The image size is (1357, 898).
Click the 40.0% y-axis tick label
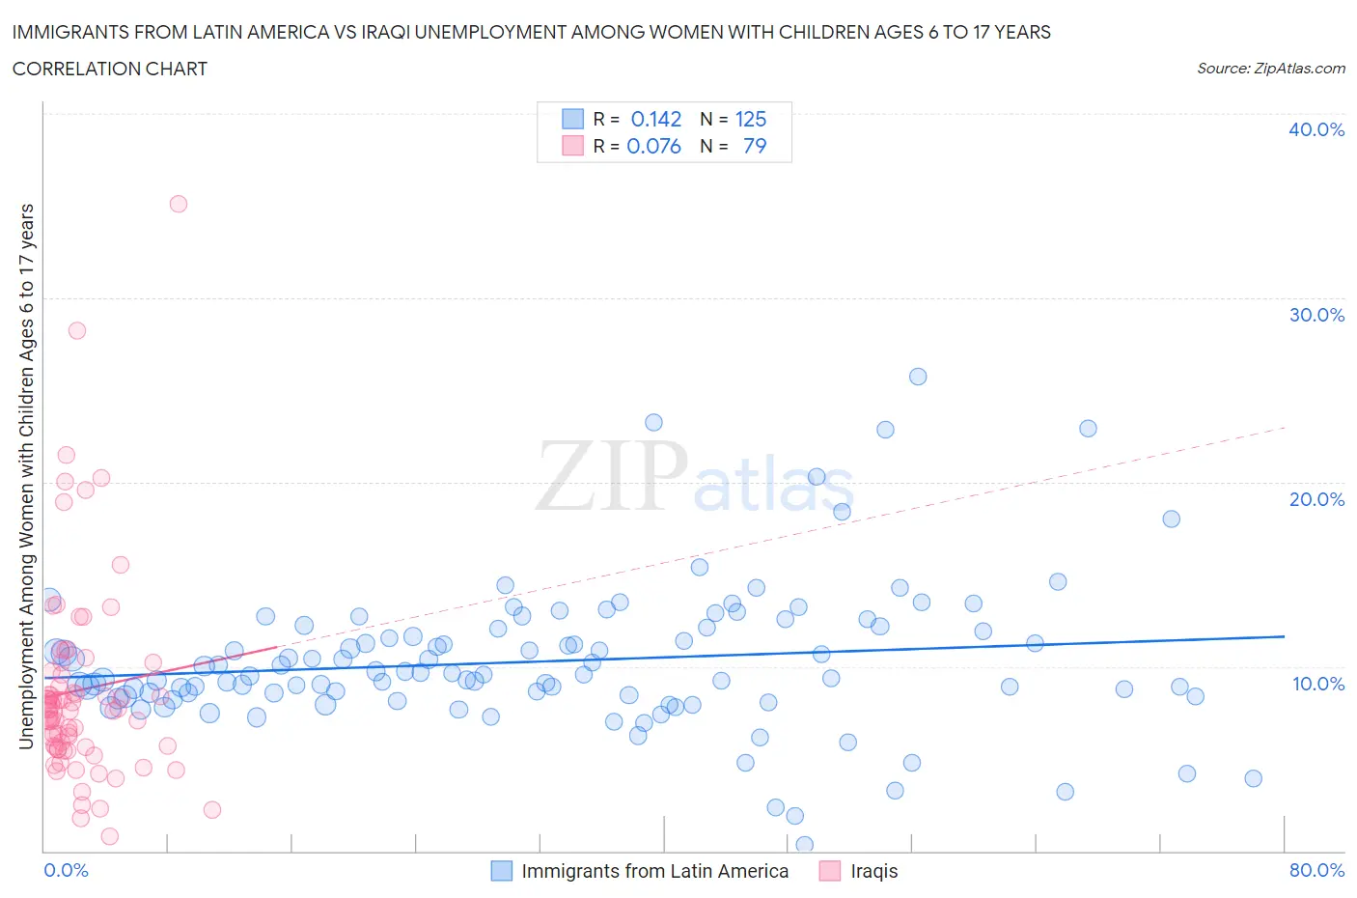(1316, 129)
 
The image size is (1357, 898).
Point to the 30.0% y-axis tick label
(1316, 315)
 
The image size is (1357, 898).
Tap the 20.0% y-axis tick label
(1316, 499)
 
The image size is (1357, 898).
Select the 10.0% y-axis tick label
(1316, 684)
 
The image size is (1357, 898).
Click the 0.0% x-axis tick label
(66, 870)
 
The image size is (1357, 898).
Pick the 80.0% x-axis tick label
(1316, 870)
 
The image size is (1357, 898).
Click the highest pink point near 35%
(179, 204)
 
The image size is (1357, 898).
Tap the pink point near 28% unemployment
(77, 330)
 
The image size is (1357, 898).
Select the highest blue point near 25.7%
(918, 377)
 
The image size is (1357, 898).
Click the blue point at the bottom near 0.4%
(804, 845)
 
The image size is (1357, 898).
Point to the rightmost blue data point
(1253, 778)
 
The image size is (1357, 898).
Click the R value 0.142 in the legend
(656, 119)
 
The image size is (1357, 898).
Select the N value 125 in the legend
(751, 119)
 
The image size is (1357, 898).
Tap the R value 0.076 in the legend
(654, 146)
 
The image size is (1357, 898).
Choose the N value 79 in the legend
(755, 146)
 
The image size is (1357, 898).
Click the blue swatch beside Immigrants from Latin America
(502, 871)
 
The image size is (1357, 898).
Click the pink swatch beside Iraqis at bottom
(830, 871)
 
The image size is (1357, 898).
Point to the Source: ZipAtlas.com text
(1270, 69)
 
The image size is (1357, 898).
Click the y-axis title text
(27, 476)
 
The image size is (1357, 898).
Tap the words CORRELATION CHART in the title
(110, 69)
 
